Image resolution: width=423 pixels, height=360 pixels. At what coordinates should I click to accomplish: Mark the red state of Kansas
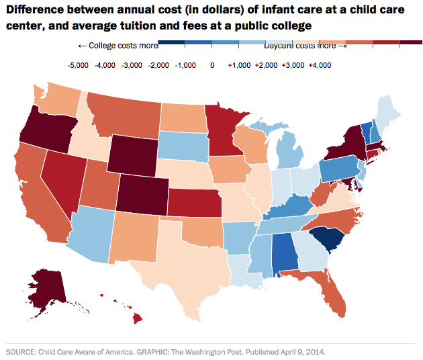pyautogui.click(x=195, y=201)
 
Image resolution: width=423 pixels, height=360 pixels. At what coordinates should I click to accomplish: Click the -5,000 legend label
pyautogui.click(x=79, y=66)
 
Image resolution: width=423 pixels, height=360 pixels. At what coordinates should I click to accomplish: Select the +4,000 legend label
pyautogui.click(x=318, y=66)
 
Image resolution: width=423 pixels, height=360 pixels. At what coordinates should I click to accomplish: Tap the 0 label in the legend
pyautogui.click(x=212, y=66)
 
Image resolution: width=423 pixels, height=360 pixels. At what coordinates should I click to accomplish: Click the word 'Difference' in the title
pyautogui.click(x=40, y=10)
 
